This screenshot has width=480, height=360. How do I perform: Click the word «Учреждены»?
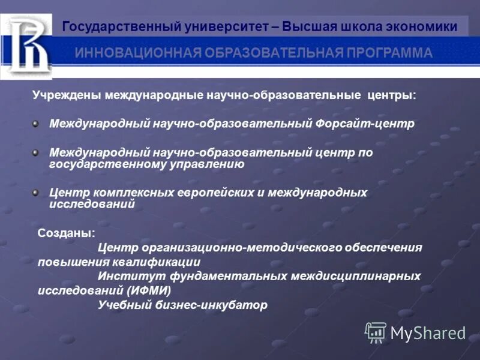[67, 95]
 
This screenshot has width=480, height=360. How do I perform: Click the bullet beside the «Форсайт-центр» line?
[36, 123]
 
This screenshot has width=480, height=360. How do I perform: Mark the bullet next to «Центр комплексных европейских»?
[36, 193]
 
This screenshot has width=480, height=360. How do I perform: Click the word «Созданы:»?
[66, 232]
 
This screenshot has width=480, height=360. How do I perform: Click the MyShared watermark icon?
[376, 332]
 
